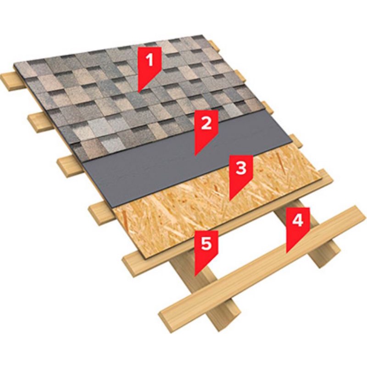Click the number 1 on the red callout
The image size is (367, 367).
[149, 59]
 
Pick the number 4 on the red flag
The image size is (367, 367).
[298, 220]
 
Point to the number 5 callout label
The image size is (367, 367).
[206, 244]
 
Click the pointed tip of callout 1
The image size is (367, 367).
[139, 93]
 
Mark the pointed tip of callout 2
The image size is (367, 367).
[195, 156]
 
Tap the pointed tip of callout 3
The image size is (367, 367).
[230, 201]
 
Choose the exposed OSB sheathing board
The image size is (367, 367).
[217, 206]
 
